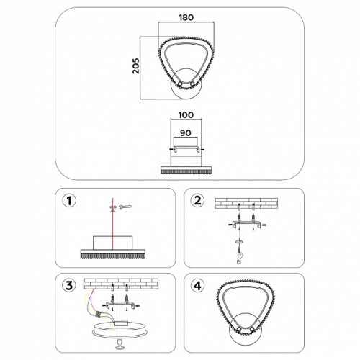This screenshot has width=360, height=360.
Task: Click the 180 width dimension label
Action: (187, 21)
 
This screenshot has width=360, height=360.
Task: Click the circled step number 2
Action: (197, 199)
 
